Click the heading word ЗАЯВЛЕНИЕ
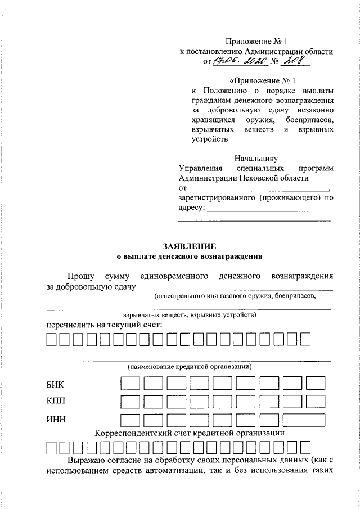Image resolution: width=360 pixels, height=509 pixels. tap(189, 246)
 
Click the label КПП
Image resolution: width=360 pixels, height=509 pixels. tap(57, 402)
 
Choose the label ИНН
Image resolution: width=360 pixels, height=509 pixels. tap(56, 420)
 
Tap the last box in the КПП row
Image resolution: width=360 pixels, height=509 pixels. tap(316, 402)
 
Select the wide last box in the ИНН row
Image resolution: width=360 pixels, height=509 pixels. tap(304, 420)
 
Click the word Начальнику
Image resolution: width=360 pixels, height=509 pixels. tap(256, 158)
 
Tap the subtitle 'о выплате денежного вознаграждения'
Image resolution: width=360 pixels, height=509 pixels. tap(189, 256)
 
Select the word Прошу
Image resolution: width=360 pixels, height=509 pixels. tap(81, 276)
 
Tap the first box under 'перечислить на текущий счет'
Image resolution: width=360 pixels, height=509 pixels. tap(51, 340)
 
